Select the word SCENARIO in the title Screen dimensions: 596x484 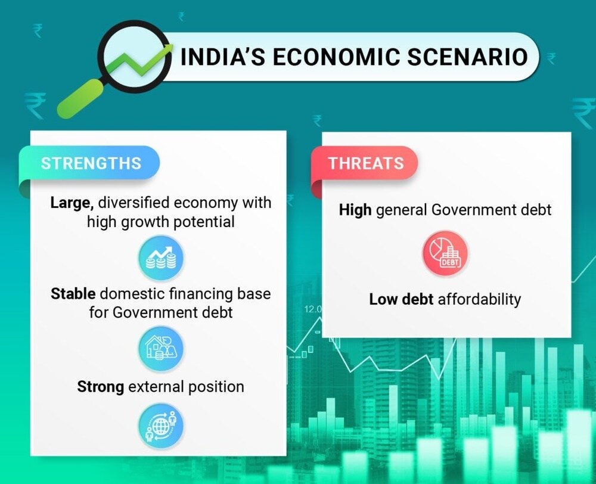click(x=467, y=57)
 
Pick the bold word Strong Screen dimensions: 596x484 click(x=100, y=387)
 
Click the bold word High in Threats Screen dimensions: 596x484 click(x=355, y=209)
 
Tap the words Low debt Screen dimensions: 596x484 click(x=401, y=299)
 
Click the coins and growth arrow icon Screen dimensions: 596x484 click(x=161, y=257)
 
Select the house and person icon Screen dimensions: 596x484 click(x=161, y=349)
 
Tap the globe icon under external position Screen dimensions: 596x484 click(x=161, y=426)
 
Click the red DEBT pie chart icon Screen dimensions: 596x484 click(x=445, y=253)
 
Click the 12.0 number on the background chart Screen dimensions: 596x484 click(x=313, y=309)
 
